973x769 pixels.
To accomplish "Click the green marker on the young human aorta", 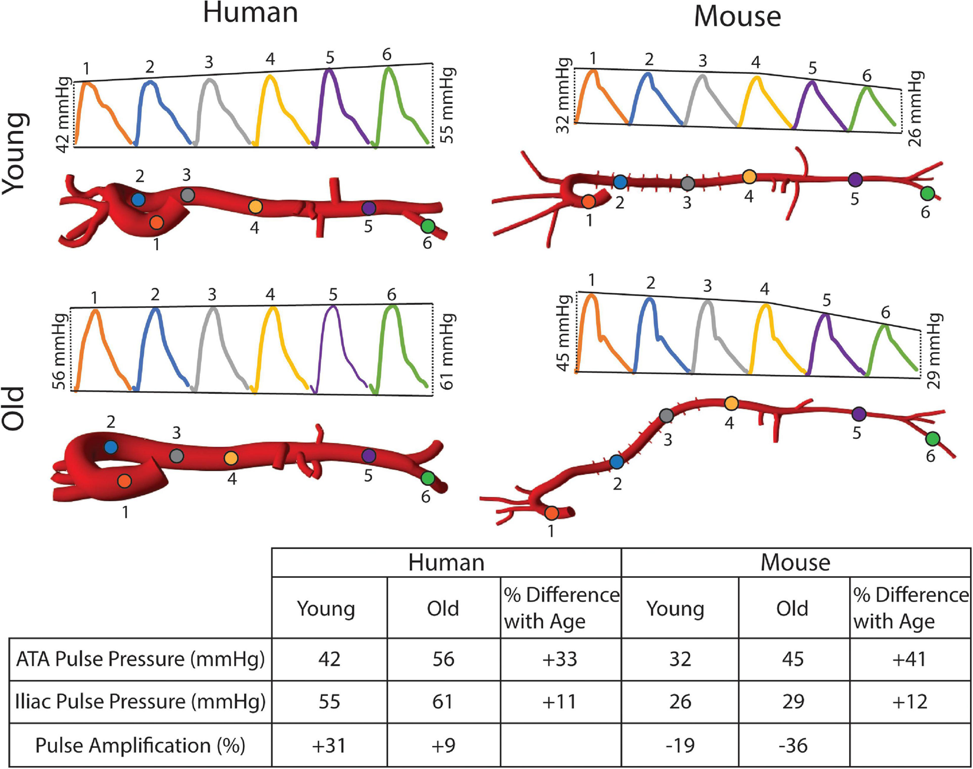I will click(x=428, y=226).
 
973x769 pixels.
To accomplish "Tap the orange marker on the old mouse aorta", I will click(x=551, y=512).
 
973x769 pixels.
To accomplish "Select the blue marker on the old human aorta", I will click(x=111, y=447).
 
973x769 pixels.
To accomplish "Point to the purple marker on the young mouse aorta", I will click(x=855, y=179).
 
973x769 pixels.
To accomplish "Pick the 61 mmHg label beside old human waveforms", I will click(x=448, y=351).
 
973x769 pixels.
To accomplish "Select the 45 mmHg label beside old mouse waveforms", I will click(x=564, y=333).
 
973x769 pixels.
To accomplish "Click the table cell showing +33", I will click(x=560, y=659).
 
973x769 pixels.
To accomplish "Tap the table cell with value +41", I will click(x=909, y=659).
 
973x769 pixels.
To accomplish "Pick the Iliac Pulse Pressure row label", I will click(x=140, y=702).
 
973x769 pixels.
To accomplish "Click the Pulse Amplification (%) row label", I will click(x=140, y=745).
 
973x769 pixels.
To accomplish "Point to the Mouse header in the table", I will click(x=795, y=562).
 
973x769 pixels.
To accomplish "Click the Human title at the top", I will click(x=250, y=13).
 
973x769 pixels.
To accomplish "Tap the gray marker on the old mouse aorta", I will click(x=666, y=415).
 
